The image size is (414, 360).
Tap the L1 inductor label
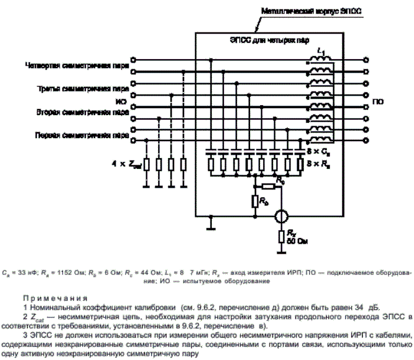[321, 53]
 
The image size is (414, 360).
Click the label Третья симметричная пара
[81, 89]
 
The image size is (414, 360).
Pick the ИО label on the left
[123, 102]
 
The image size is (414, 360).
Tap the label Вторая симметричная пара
[81, 112]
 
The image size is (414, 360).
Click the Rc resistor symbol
[268, 186]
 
